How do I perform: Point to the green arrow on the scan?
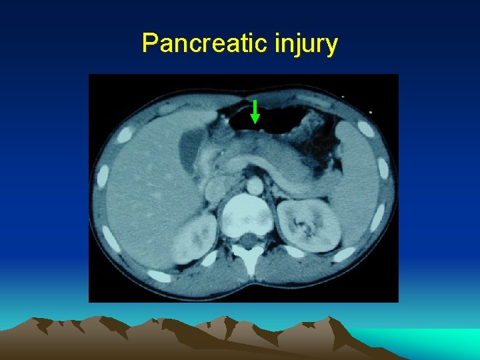[255, 111]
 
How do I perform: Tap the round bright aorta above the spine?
[254, 185]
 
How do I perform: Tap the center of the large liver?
[143, 193]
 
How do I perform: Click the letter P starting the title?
[149, 43]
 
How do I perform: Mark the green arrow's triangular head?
[255, 119]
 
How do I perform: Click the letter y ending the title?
[332, 46]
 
